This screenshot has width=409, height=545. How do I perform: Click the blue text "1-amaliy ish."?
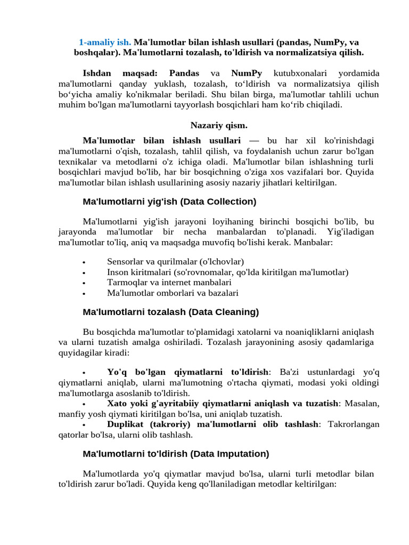[105, 42]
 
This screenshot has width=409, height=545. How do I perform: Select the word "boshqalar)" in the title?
[96, 53]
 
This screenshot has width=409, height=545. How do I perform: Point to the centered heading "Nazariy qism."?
[219, 125]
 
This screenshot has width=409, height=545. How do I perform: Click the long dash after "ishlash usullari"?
[253, 141]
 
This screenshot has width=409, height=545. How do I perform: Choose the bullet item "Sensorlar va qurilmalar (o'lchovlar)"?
[175, 262]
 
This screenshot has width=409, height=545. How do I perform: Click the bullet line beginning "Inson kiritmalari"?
[227, 272]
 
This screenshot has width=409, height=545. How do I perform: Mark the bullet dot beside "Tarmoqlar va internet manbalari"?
[84, 283]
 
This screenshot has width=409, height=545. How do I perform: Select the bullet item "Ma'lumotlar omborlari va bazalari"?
[173, 293]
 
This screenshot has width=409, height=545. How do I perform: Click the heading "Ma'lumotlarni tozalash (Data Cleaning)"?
[170, 312]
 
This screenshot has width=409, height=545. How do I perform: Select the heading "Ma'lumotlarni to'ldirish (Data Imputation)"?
[176, 454]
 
